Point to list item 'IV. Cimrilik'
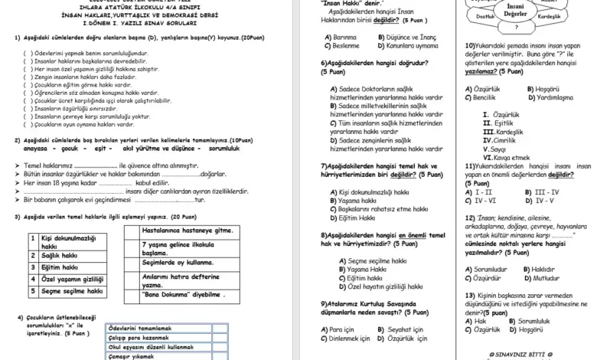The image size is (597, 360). click(499, 140)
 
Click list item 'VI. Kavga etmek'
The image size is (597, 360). click(501, 157)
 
